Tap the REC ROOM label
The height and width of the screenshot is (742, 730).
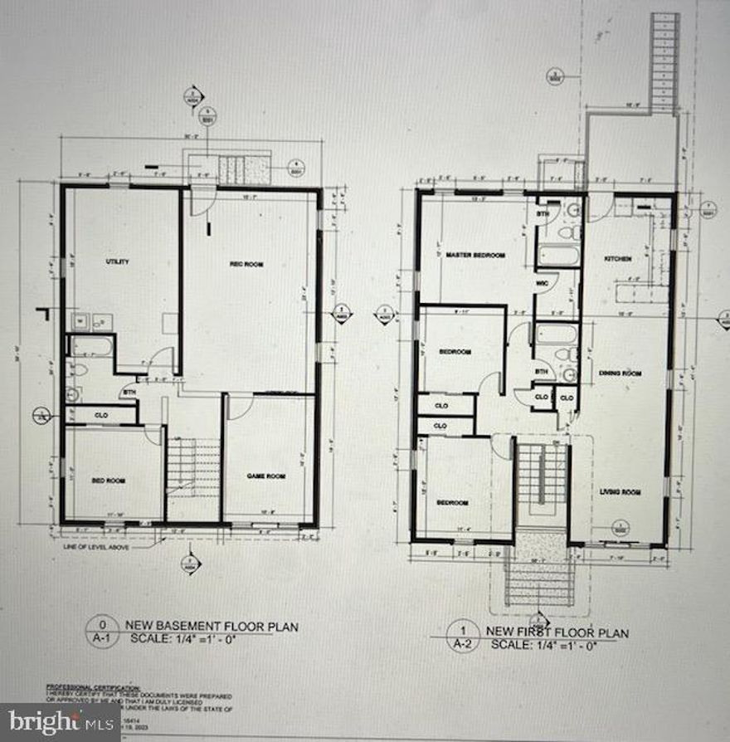click(x=246, y=265)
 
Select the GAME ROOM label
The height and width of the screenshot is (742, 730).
click(x=265, y=476)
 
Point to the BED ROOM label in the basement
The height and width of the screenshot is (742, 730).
click(x=108, y=481)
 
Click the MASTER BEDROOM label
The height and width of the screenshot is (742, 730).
click(x=475, y=255)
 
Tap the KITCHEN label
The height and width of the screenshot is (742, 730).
click(x=618, y=259)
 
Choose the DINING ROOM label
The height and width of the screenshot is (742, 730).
click(x=620, y=373)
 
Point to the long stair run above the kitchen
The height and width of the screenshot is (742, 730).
click(x=664, y=62)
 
